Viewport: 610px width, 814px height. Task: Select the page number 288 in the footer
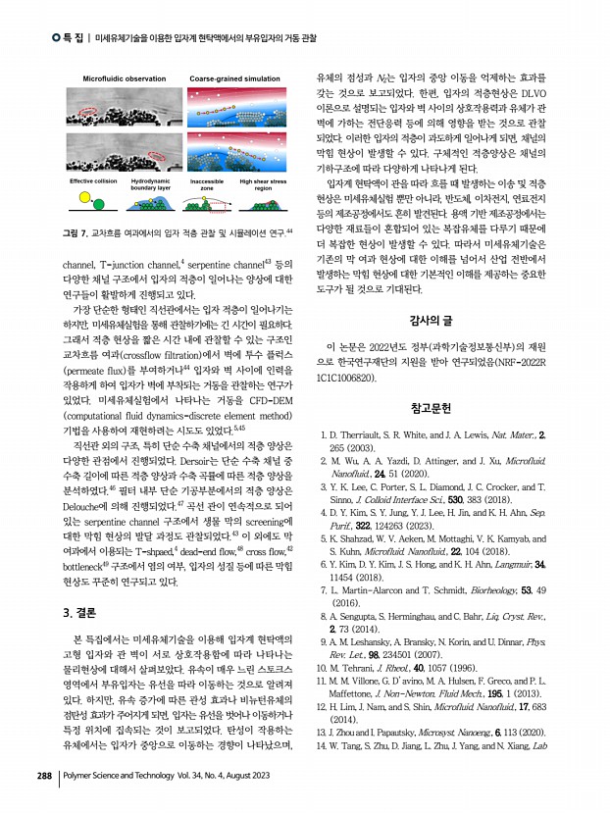coord(44,776)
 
